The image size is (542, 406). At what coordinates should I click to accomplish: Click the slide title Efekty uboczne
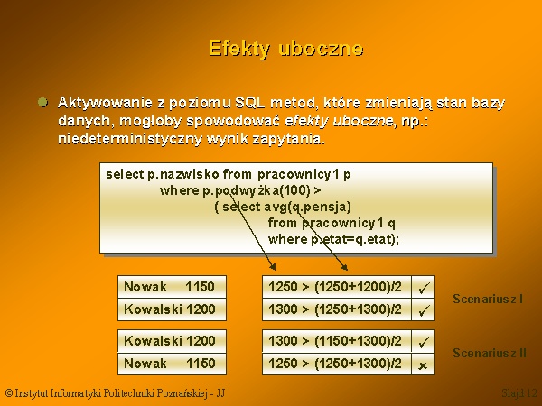(x=285, y=49)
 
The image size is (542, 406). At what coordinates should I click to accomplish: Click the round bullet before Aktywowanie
(x=42, y=103)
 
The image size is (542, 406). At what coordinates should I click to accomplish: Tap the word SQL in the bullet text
(x=250, y=103)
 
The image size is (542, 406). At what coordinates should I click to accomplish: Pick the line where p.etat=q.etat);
(x=333, y=239)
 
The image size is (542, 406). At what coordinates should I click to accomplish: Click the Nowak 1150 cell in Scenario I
(x=173, y=287)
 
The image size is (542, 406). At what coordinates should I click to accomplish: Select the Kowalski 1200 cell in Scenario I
(x=173, y=309)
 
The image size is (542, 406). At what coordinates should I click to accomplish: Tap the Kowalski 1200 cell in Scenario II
(x=173, y=341)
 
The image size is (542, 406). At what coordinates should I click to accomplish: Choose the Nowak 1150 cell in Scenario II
(x=173, y=364)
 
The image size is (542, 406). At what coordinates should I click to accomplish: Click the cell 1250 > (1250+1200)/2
(x=337, y=287)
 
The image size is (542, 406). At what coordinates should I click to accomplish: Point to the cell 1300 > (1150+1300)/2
(x=337, y=341)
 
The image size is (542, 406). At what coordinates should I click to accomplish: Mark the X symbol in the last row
(x=423, y=365)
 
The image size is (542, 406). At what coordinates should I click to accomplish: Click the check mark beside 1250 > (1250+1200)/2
(x=424, y=288)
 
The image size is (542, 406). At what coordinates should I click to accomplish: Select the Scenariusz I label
(x=488, y=299)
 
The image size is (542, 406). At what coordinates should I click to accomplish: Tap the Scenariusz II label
(x=490, y=353)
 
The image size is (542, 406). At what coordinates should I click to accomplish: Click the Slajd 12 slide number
(x=519, y=393)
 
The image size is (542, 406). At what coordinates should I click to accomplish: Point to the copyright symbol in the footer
(x=9, y=393)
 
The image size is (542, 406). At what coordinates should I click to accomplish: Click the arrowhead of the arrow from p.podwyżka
(x=273, y=267)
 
